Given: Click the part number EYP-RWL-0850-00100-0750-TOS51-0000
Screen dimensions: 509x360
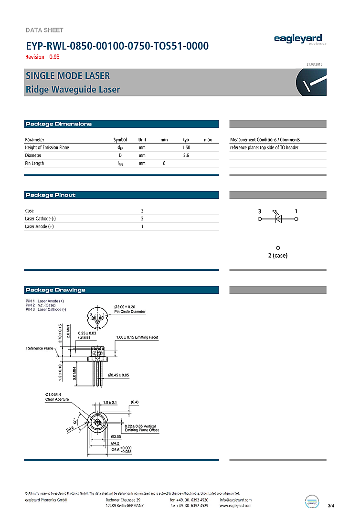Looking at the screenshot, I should point(116,46).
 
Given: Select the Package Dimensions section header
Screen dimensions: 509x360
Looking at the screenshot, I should point(58,124).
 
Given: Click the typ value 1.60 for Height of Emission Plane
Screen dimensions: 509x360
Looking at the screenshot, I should point(186,148).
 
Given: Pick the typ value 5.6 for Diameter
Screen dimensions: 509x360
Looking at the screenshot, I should point(186,156).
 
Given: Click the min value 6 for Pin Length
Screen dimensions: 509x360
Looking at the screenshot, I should point(164,163).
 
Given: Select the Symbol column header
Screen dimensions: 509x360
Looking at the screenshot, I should point(120,140).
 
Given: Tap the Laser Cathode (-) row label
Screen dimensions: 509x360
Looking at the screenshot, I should point(41,218).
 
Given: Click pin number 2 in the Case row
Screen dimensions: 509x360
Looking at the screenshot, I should point(142,211).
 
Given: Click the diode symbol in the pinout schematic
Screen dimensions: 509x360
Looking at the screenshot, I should point(278,219).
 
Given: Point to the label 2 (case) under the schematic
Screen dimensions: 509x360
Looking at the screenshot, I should point(278,255).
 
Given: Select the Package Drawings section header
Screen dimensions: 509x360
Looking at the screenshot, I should point(55,290).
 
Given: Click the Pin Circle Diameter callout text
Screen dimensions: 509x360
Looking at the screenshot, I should point(130,312).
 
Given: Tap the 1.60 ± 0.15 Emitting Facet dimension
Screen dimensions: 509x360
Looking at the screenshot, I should point(137,337).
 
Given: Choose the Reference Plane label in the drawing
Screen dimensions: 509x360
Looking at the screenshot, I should point(40,348).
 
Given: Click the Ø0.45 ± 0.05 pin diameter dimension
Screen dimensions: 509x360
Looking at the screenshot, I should point(119,375).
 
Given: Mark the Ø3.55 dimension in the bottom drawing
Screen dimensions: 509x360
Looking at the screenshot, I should point(116,436).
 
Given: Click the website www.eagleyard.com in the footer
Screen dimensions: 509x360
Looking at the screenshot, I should point(235,505).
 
